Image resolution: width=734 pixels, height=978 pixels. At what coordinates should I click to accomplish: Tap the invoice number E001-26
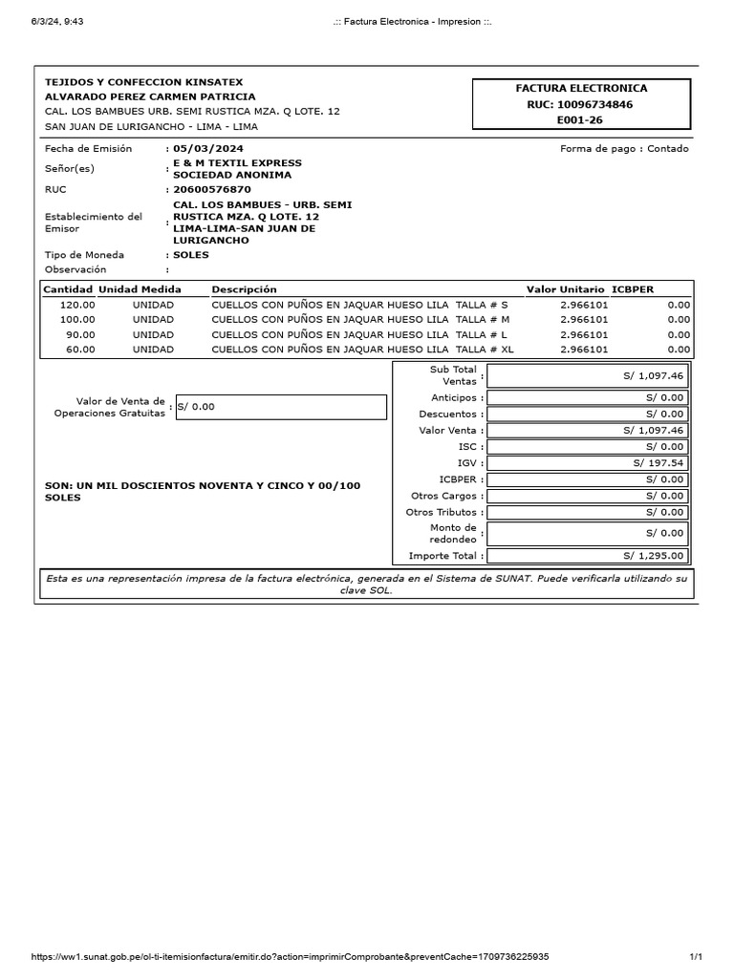[x=580, y=120]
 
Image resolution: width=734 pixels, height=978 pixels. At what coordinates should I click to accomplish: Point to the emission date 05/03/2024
[x=207, y=149]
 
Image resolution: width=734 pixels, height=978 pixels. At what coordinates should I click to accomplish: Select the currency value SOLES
[x=191, y=255]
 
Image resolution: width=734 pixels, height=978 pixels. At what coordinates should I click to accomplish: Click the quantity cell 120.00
[x=77, y=305]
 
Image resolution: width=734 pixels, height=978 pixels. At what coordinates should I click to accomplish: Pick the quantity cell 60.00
[x=80, y=350]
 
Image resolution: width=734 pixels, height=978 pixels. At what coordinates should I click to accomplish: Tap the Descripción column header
[x=244, y=289]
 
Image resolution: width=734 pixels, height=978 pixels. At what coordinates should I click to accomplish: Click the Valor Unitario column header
[x=565, y=289]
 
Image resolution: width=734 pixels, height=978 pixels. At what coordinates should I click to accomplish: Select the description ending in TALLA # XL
[x=362, y=350]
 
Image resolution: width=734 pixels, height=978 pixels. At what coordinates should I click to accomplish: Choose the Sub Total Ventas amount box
[x=587, y=375]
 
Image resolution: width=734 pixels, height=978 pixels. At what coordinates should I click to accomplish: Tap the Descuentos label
[x=447, y=415]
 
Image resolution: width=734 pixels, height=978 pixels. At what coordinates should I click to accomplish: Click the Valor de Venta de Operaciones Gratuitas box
[x=281, y=407]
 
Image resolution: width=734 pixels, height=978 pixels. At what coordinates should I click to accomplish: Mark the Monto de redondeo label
[x=453, y=533]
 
